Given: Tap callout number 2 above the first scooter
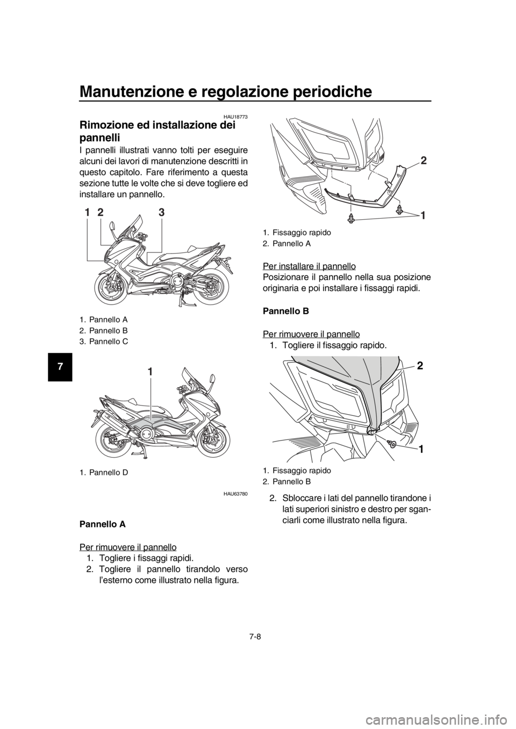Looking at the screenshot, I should click(x=101, y=213).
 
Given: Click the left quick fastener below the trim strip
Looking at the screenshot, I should click(x=351, y=218).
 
